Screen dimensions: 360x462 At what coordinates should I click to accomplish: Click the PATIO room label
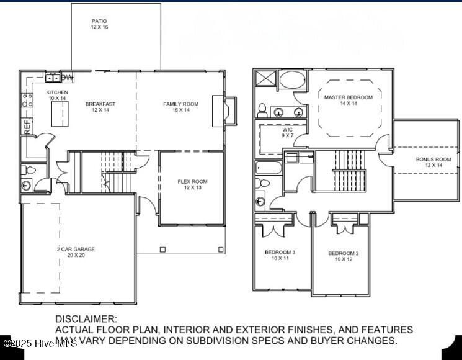tap(99, 21)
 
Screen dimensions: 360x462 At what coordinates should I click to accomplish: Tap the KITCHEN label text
tap(57, 92)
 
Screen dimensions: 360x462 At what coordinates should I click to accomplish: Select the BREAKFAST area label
tap(100, 104)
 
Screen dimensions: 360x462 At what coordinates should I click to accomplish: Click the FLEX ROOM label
tap(192, 182)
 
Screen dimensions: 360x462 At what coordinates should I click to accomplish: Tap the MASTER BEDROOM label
tap(348, 97)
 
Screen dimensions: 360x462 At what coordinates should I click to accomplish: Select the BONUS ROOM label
tap(433, 159)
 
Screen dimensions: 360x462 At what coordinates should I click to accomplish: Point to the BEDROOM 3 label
tap(280, 252)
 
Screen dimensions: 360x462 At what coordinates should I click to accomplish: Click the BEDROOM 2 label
tap(343, 253)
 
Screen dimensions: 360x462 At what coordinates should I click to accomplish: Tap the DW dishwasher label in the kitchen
tap(66, 77)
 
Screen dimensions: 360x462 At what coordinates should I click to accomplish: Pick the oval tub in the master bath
tap(291, 80)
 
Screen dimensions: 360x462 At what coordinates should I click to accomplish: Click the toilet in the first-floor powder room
tap(27, 186)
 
